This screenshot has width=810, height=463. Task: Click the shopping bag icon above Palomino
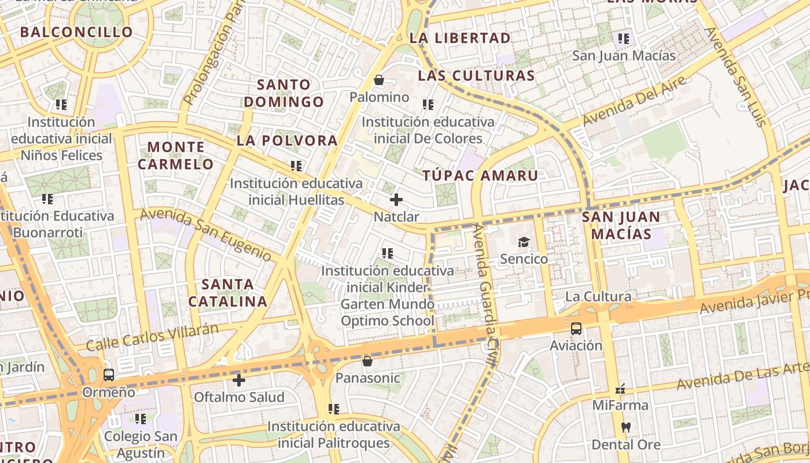click(x=379, y=80)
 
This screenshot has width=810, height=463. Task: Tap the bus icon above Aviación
click(x=576, y=329)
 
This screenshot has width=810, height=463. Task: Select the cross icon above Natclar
click(x=396, y=200)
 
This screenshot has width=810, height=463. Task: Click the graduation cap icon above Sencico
click(x=524, y=242)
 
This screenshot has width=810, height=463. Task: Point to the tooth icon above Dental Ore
click(x=625, y=428)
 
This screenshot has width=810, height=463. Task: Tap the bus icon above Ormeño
click(x=109, y=375)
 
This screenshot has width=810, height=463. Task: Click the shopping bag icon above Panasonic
click(x=367, y=362)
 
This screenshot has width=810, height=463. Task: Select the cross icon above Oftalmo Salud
click(x=239, y=380)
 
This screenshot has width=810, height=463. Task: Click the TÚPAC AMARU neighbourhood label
click(x=480, y=175)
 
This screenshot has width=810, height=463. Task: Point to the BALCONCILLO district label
click(x=77, y=32)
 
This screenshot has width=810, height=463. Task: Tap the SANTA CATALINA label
click(x=228, y=293)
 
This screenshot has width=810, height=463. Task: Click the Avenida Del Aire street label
click(x=634, y=101)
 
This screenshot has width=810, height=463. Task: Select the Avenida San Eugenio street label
click(x=205, y=234)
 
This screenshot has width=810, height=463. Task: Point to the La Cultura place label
click(x=598, y=297)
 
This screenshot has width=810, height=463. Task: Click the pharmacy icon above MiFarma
click(x=620, y=389)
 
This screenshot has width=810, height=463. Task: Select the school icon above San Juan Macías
click(x=623, y=39)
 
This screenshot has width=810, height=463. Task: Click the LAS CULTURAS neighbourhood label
click(x=476, y=76)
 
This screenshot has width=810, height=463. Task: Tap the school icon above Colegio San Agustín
click(x=141, y=418)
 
